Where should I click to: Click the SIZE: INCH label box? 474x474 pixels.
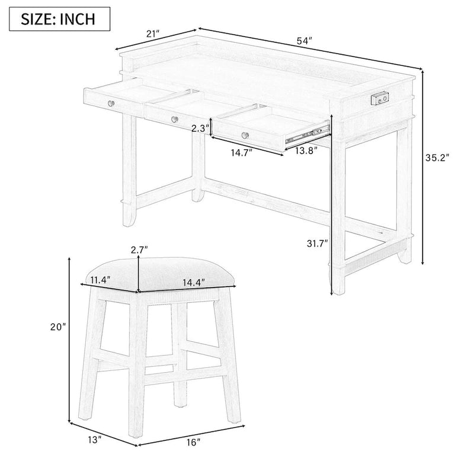59,18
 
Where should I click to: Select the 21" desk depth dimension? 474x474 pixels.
153,34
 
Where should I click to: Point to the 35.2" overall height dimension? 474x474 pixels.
438,158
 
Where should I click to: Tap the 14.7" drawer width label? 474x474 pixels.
241,152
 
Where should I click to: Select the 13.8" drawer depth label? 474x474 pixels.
306,150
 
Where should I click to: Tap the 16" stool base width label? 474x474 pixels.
190,441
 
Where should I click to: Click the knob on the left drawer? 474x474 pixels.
110,104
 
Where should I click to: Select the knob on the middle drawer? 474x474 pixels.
174,119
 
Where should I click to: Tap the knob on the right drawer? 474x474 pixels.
244,135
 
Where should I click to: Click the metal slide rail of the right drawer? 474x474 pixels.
307,133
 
